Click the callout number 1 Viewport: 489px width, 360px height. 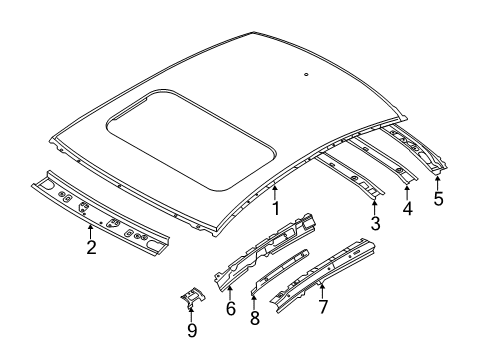pos(275,208)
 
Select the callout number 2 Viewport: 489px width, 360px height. pos(91,247)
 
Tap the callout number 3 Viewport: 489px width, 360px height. pos(375,223)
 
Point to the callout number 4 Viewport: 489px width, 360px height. pos(407,209)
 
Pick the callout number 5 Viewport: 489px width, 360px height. pos(439,198)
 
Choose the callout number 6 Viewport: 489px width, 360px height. pos(231,308)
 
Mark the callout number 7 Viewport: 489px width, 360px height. pos(323,307)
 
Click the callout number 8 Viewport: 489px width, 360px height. pos(255,318)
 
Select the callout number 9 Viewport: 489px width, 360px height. pos(192,330)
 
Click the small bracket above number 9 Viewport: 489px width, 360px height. pos(193,296)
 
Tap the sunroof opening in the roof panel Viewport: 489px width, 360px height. pos(191,139)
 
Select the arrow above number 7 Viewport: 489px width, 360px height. pos(322,289)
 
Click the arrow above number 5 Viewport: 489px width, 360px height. pos(438,182)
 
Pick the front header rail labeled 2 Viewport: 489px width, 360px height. pos(100,214)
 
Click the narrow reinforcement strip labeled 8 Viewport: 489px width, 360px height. pos(280,271)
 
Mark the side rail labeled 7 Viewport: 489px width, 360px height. pos(323,275)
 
